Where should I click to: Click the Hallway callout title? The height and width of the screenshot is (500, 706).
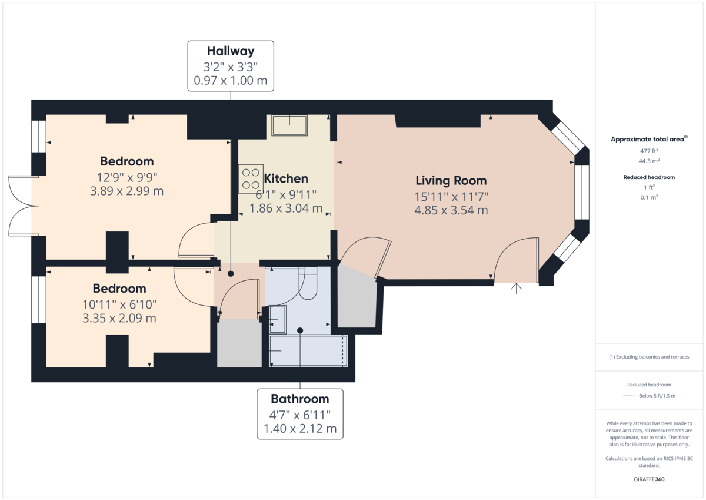[x=231, y=51]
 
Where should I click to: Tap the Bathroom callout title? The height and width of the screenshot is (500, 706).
[x=299, y=399]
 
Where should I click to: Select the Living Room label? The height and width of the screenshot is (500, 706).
[x=451, y=180]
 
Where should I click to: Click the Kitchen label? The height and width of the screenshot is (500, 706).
[x=286, y=178]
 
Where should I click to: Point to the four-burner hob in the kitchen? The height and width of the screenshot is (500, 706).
[x=250, y=179]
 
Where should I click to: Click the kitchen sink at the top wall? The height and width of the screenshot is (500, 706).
[x=289, y=125]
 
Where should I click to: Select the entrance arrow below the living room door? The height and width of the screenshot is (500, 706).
[x=517, y=288]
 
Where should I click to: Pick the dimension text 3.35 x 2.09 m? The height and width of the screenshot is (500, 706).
[x=119, y=319]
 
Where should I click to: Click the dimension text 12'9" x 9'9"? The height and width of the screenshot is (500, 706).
[x=127, y=177]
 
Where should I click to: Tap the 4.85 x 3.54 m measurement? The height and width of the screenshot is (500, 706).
[x=451, y=210]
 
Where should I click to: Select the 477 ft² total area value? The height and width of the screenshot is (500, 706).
[x=649, y=151]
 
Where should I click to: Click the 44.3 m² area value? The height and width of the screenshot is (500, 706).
[x=649, y=161]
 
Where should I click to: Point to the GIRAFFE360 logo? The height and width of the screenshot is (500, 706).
[x=649, y=479]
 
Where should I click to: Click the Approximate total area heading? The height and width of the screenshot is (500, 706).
[x=647, y=140]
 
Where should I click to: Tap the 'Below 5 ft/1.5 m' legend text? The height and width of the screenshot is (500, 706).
[x=657, y=395]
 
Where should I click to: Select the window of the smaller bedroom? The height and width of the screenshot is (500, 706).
[x=39, y=300]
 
